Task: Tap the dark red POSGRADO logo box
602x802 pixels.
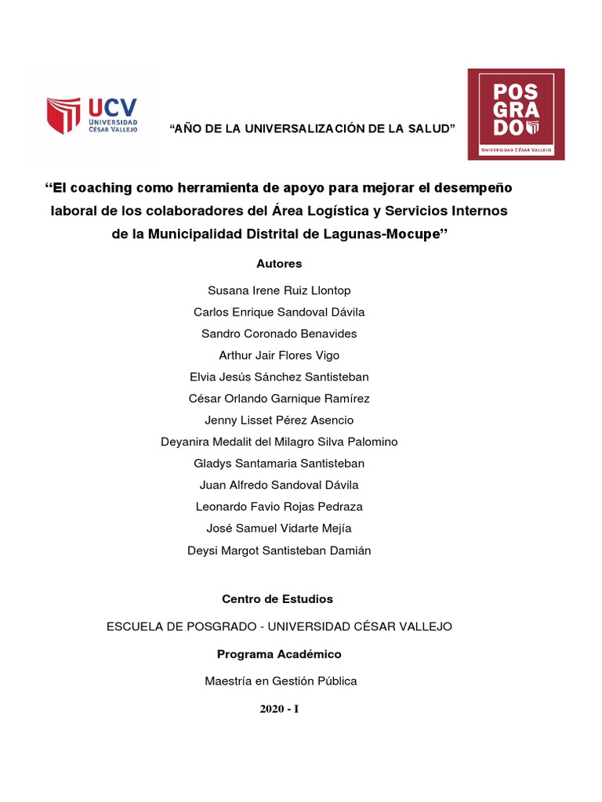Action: pyautogui.click(x=516, y=114)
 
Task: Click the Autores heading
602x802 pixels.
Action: pyautogui.click(x=279, y=264)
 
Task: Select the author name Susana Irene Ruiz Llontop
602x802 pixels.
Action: pyautogui.click(x=279, y=291)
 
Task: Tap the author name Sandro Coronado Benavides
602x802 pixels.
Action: pyautogui.click(x=279, y=334)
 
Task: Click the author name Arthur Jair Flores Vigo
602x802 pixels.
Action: pyautogui.click(x=279, y=356)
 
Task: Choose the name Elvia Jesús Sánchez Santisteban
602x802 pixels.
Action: pyautogui.click(x=279, y=377)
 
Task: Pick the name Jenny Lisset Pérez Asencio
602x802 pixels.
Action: pyautogui.click(x=279, y=421)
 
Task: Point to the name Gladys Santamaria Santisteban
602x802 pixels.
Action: pyautogui.click(x=279, y=464)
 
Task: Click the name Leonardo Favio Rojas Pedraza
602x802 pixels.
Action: pyautogui.click(x=279, y=507)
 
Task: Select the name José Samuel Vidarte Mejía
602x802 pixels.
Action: pyautogui.click(x=279, y=529)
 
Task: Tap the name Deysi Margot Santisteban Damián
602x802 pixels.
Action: pyautogui.click(x=279, y=551)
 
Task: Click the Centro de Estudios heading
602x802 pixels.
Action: pyautogui.click(x=277, y=599)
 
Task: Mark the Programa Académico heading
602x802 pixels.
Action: pyautogui.click(x=279, y=654)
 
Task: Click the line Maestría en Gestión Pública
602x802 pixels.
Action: pyautogui.click(x=281, y=681)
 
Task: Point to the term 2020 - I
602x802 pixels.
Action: pyautogui.click(x=280, y=710)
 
